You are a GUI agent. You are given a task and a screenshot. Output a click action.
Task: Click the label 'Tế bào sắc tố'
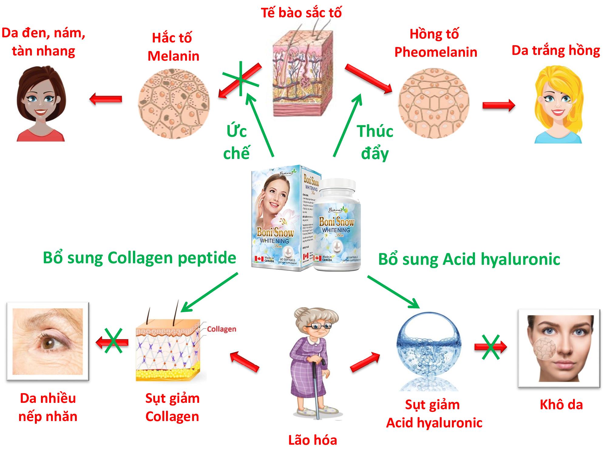pyautogui.click(x=301, y=13)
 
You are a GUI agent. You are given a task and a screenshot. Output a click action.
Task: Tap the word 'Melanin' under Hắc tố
pyautogui.click(x=173, y=56)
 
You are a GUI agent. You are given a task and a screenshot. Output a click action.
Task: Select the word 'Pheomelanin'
pyautogui.click(x=436, y=52)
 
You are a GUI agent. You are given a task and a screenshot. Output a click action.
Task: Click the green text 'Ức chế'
pyautogui.click(x=236, y=142)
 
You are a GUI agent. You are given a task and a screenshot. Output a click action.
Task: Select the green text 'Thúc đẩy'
pyautogui.click(x=375, y=142)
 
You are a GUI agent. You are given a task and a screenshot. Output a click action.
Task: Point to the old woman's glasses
pyautogui.click(x=319, y=326)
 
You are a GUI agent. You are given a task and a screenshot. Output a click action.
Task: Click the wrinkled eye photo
pyautogui.click(x=48, y=341)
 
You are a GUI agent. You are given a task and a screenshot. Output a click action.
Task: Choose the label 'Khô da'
pyautogui.click(x=561, y=405)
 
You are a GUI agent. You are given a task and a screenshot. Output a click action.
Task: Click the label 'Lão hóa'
pyautogui.click(x=312, y=440)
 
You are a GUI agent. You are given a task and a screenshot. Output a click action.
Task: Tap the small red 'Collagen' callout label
pyautogui.click(x=222, y=329)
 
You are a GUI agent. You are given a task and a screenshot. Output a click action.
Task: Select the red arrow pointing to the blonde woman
pyautogui.click(x=498, y=105)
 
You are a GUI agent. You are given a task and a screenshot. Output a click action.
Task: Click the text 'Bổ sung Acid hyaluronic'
pyautogui.click(x=469, y=259)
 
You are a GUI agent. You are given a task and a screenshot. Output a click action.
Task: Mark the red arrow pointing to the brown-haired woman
pyautogui.click(x=106, y=99)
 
